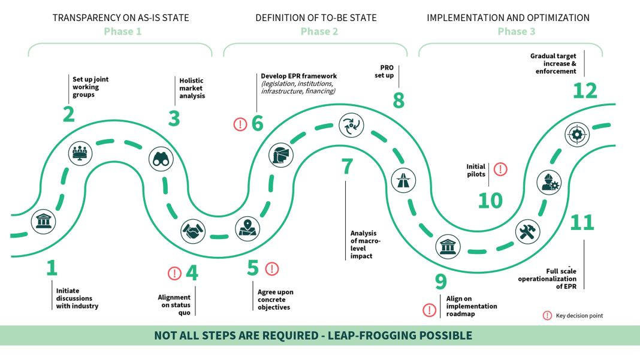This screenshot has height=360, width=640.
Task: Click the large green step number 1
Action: click(x=52, y=268)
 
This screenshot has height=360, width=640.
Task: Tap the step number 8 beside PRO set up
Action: click(x=399, y=100)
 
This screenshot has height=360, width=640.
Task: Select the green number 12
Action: click(x=585, y=90)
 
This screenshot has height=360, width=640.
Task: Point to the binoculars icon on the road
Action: click(x=161, y=159)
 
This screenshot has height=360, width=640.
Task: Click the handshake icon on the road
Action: click(x=194, y=231)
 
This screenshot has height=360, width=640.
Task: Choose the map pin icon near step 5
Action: click(x=247, y=228)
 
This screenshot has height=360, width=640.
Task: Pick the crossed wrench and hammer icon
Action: click(x=527, y=232)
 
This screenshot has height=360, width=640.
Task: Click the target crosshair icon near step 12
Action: click(x=577, y=135)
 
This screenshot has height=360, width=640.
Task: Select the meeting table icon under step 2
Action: click(x=80, y=154)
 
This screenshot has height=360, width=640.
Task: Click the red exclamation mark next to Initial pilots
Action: click(x=500, y=170)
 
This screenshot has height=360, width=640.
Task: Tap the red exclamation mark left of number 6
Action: click(x=240, y=124)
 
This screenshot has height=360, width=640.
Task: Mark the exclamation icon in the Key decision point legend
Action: click(x=547, y=316)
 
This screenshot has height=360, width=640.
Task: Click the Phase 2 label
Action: click(x=319, y=32)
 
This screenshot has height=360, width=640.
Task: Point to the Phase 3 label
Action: click(x=516, y=32)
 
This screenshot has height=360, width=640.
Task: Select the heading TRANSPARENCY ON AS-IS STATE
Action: click(x=120, y=18)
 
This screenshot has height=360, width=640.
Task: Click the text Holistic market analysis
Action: click(x=192, y=88)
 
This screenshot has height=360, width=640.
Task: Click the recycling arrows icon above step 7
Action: click(x=351, y=125)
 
